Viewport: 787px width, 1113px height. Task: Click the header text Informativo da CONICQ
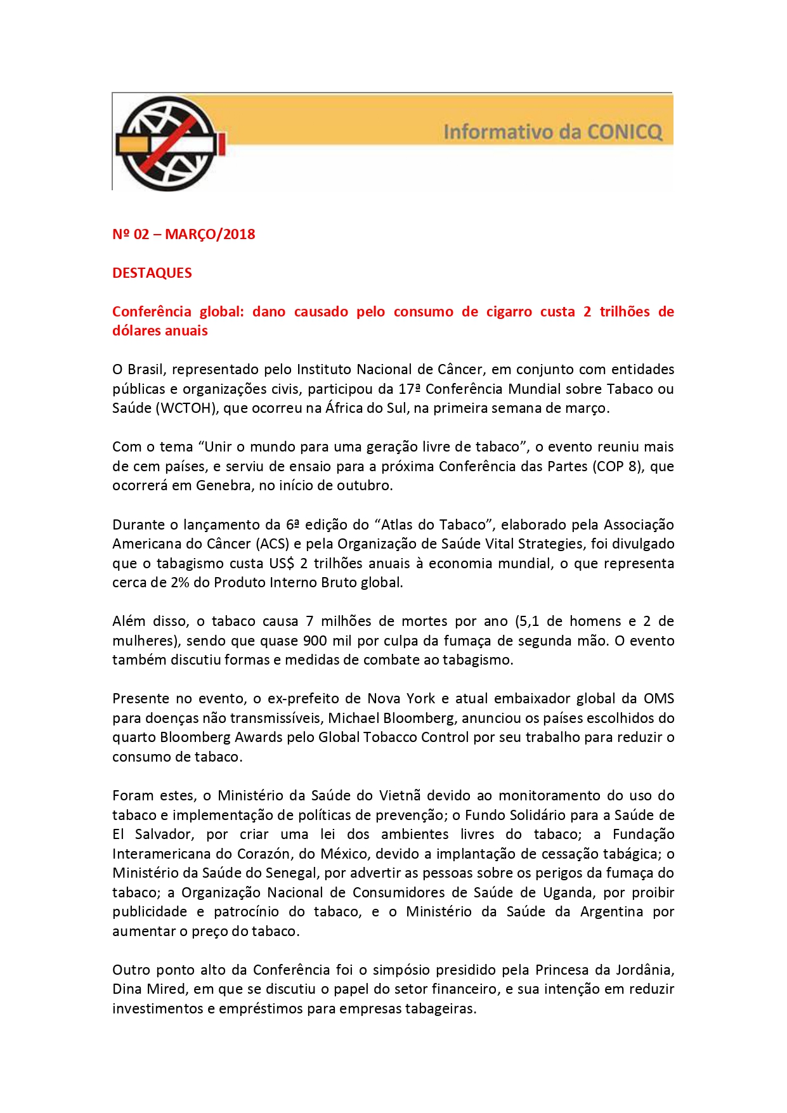[552, 132]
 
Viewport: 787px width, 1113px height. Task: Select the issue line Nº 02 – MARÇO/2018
[183, 234]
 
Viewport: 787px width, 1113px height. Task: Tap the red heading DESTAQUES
[152, 273]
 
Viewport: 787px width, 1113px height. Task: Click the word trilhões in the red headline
[624, 311]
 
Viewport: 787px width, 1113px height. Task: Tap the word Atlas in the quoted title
[399, 524]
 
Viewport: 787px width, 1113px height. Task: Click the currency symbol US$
[282, 563]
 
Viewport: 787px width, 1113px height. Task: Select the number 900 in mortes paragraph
[315, 641]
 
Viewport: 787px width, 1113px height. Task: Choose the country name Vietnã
[400, 795]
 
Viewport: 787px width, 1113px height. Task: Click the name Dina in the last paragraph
[127, 989]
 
